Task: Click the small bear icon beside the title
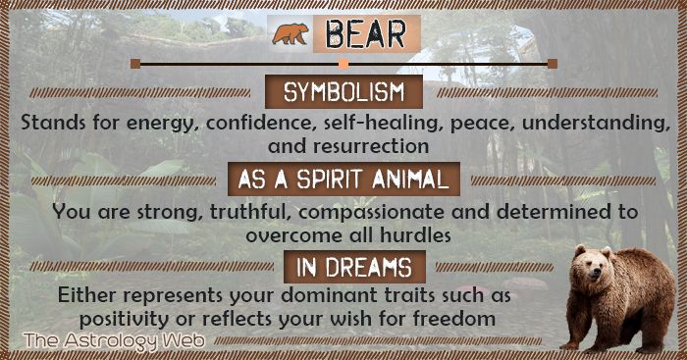(x=291, y=34)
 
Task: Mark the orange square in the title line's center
(x=343, y=64)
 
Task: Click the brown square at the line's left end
(x=135, y=64)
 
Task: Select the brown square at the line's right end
(x=553, y=64)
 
